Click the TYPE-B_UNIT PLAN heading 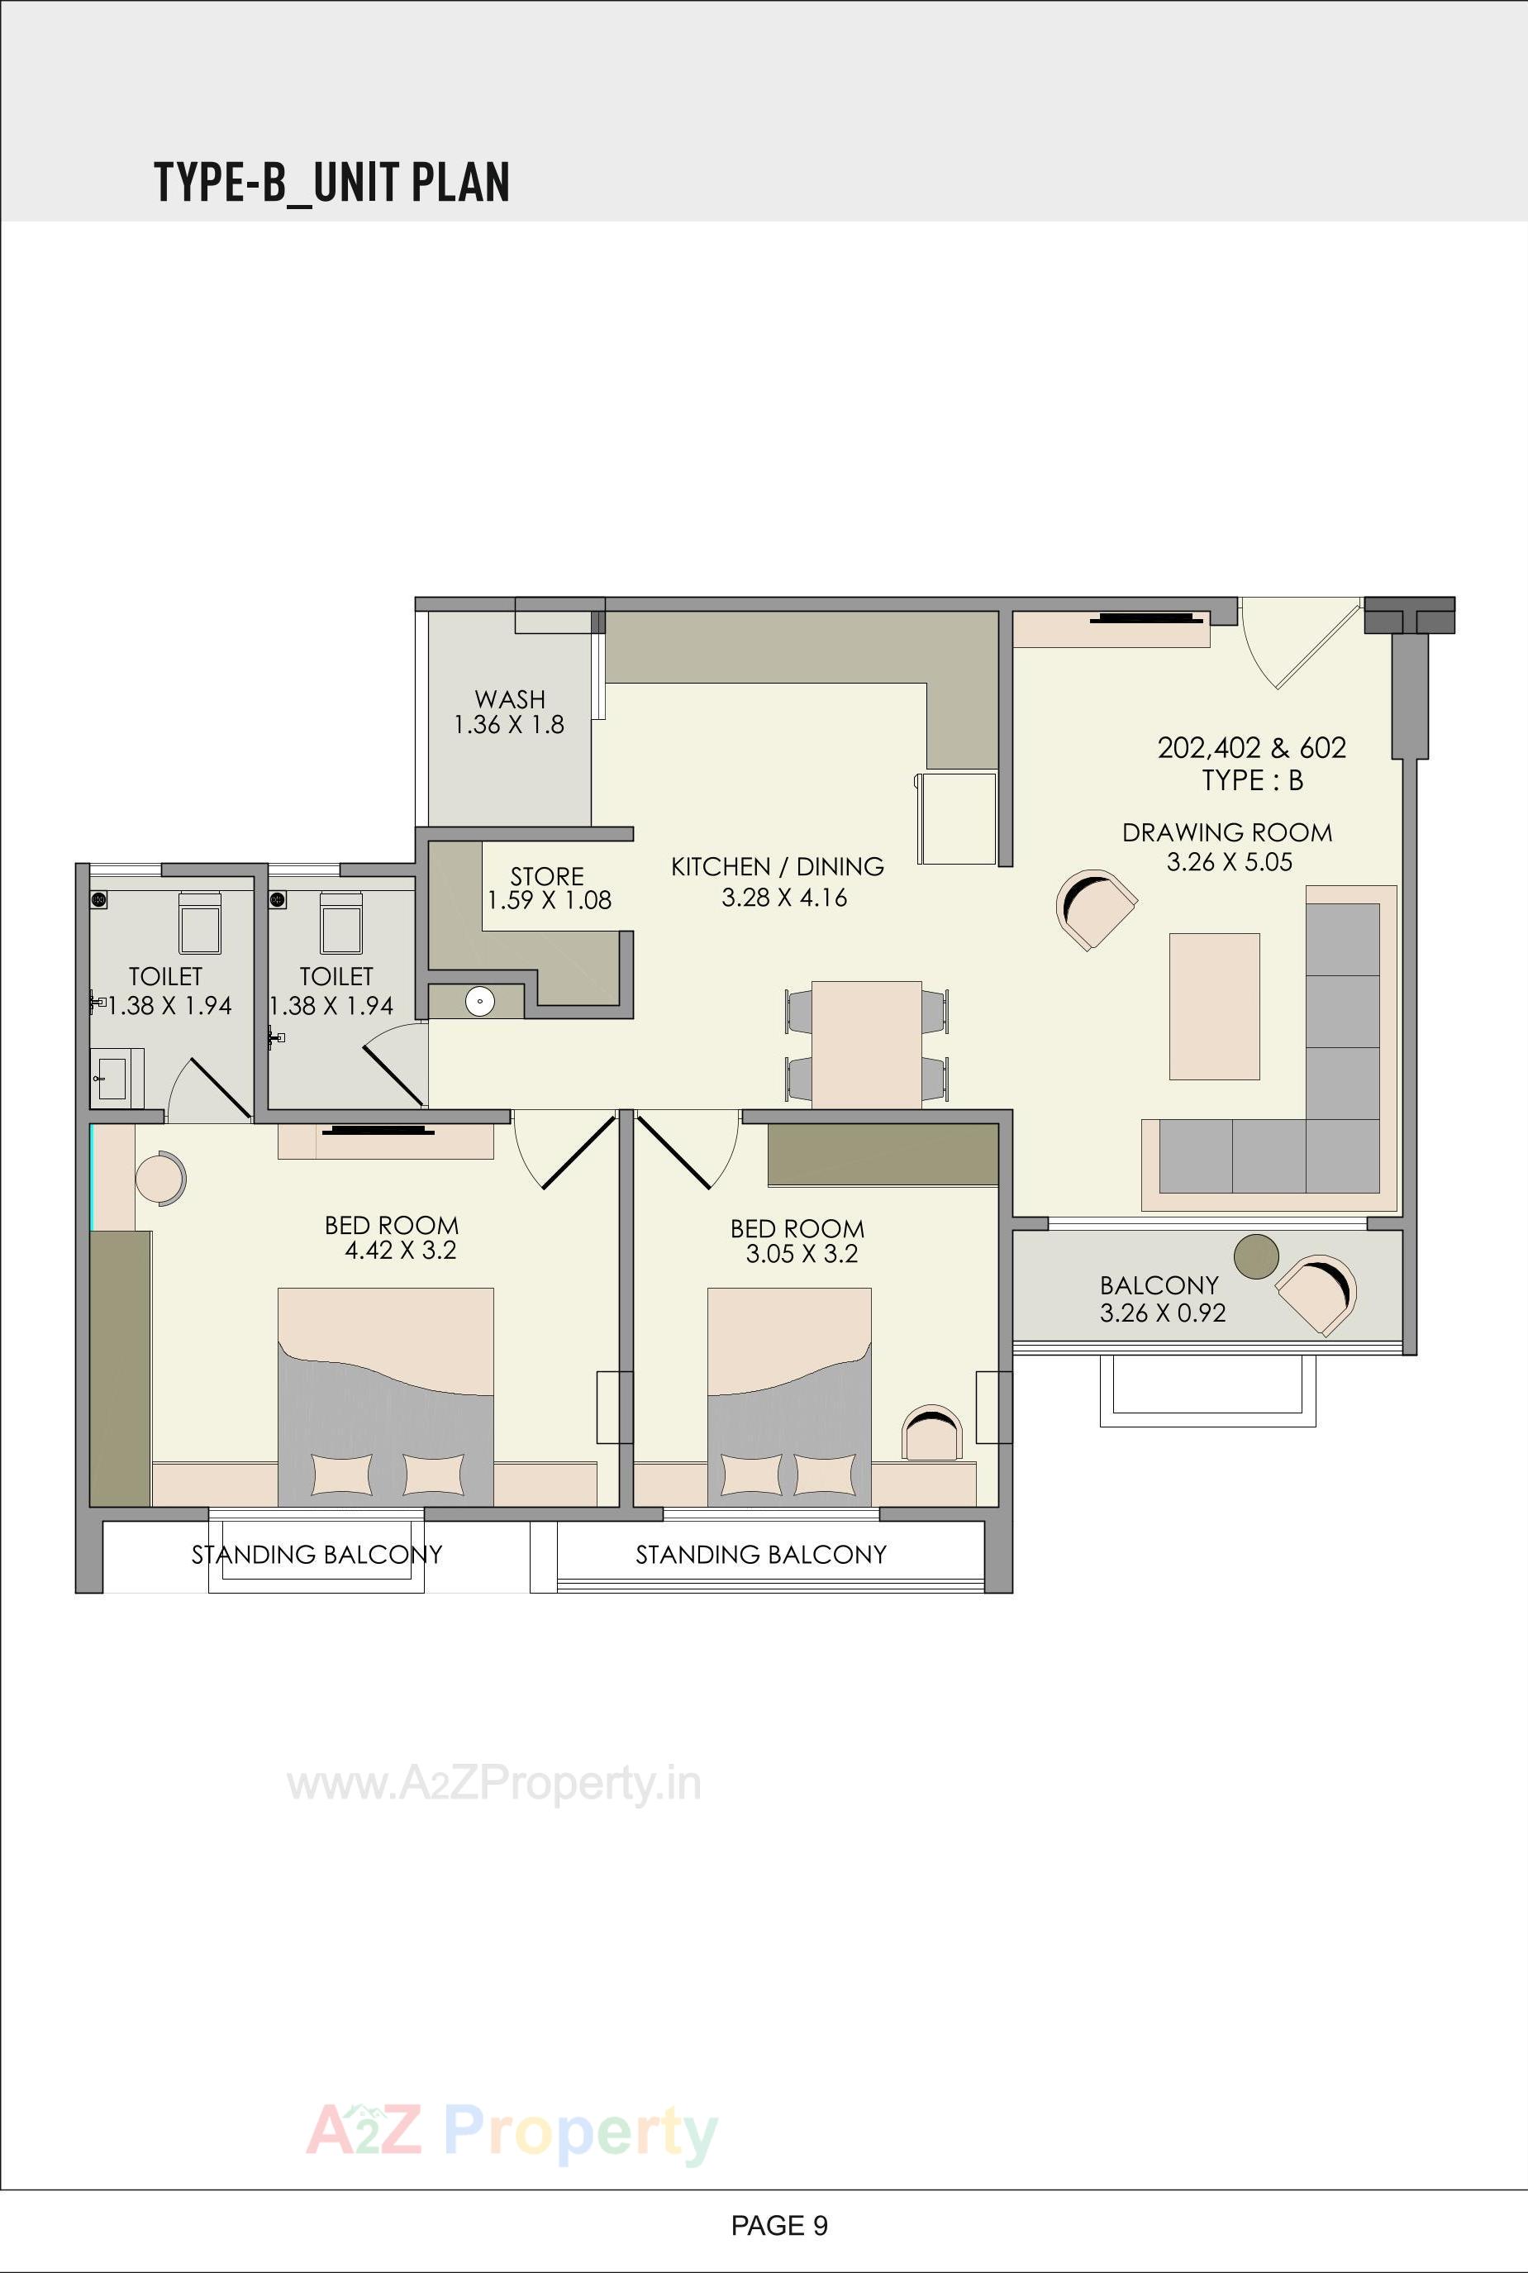point(331,183)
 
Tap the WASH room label point(510,699)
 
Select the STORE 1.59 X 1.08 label point(549,888)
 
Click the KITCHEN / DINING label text point(778,866)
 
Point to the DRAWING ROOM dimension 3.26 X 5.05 point(1229,861)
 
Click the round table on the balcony point(1256,1256)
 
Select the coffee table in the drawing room point(1213,1006)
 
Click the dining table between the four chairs point(866,1044)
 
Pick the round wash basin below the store point(479,1001)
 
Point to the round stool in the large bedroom point(158,1179)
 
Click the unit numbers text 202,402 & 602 point(1251,747)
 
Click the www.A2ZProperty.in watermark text point(494,1784)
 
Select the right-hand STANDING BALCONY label point(761,1554)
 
